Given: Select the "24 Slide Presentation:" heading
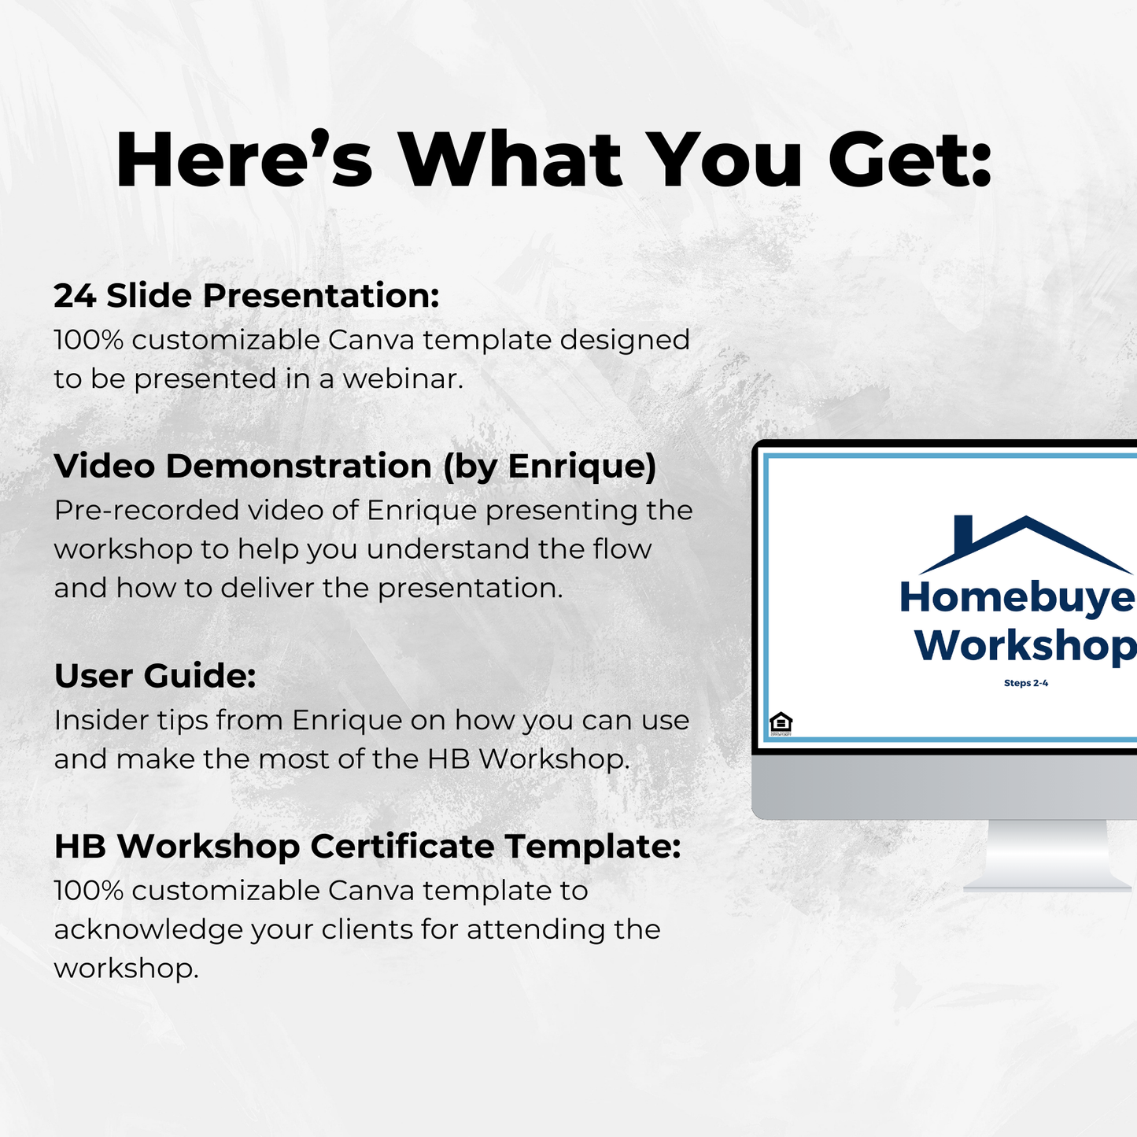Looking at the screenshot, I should point(246,296).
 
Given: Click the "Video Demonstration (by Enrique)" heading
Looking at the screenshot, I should point(355,466).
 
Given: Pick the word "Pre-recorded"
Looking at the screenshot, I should point(146,511).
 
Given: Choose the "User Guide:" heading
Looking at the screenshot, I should point(155,676).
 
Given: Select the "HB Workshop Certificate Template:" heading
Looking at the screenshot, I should point(367,847).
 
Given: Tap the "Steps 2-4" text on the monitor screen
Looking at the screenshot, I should point(1025,683).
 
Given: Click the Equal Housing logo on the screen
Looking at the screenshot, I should point(781,722).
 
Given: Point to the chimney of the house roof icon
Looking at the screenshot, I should point(962,533).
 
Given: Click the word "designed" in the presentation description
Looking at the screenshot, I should point(624,340).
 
